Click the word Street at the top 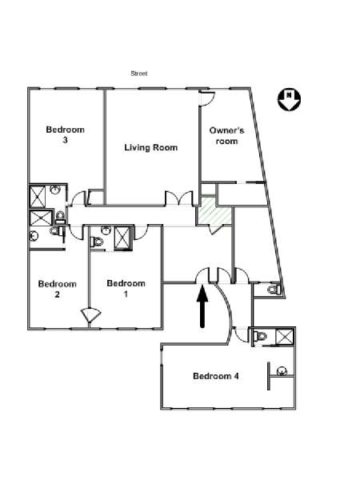[139, 74]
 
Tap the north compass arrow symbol [289, 100]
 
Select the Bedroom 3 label [66, 134]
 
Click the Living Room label [151, 147]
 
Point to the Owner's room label [227, 136]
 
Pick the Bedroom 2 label [58, 289]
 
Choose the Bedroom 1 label [126, 288]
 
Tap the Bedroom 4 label [216, 376]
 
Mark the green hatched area [214, 211]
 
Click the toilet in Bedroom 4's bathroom [260, 336]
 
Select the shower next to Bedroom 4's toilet [285, 337]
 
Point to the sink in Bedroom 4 [282, 371]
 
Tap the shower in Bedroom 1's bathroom [122, 238]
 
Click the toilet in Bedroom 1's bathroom [97, 242]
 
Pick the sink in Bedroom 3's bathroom [55, 190]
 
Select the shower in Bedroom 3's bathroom [38, 196]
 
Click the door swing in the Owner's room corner [207, 98]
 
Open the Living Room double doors [179, 198]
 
